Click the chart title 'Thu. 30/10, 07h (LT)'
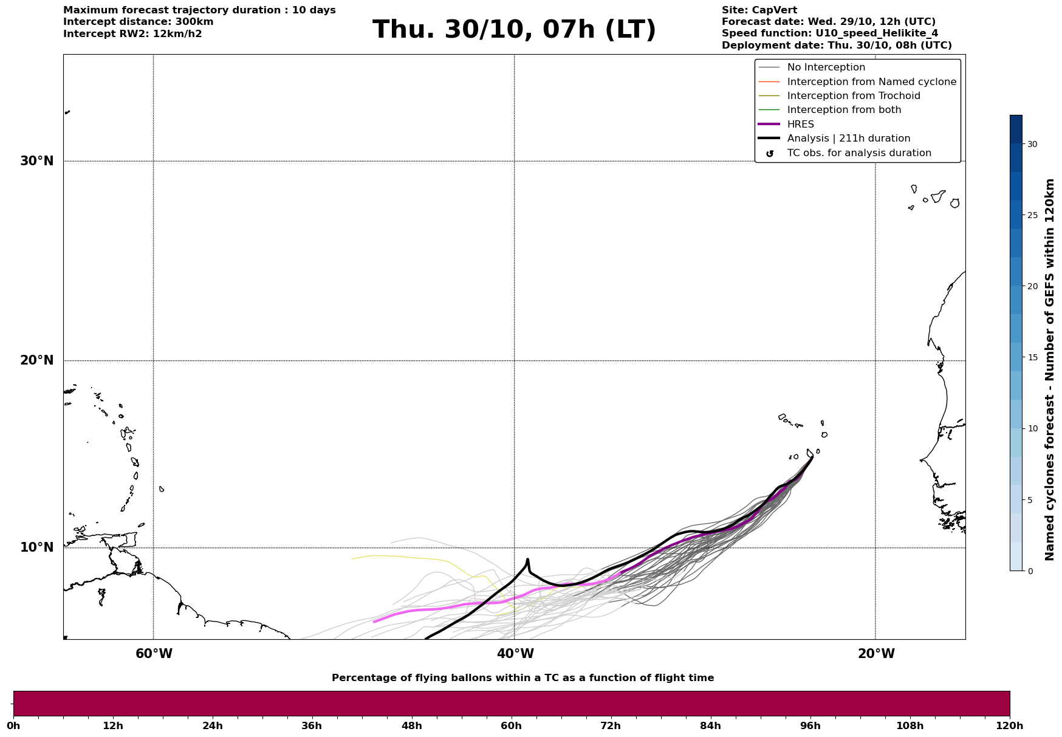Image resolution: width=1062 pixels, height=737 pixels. (x=514, y=30)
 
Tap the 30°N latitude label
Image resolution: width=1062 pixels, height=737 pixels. (x=36, y=161)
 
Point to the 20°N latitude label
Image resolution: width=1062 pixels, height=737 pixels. (x=36, y=360)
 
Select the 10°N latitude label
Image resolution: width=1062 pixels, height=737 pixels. (x=36, y=547)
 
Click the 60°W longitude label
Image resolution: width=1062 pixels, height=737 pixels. (x=154, y=654)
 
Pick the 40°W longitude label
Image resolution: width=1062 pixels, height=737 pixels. (x=515, y=654)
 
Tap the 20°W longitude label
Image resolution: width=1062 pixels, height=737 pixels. (x=876, y=654)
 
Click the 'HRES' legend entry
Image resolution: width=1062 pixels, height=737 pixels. (x=800, y=125)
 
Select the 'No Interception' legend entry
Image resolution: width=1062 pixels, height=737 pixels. (x=826, y=67)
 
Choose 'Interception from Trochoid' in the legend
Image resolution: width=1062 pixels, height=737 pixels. (x=853, y=96)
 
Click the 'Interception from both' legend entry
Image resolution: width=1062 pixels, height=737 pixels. (x=844, y=110)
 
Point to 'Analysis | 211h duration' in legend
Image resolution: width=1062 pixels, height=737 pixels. (x=848, y=139)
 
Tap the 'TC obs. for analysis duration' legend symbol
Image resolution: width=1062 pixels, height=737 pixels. (x=770, y=154)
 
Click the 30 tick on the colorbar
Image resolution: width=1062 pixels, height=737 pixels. (x=1032, y=144)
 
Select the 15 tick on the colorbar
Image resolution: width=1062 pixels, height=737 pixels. (x=1032, y=357)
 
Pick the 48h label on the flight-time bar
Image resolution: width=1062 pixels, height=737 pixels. (x=411, y=725)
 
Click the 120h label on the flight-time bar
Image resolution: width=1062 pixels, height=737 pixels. (x=1009, y=725)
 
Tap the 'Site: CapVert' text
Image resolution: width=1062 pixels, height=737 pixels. (x=759, y=10)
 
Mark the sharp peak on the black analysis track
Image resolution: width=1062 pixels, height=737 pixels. (x=527, y=560)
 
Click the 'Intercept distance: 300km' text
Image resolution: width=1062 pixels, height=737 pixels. (x=138, y=22)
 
